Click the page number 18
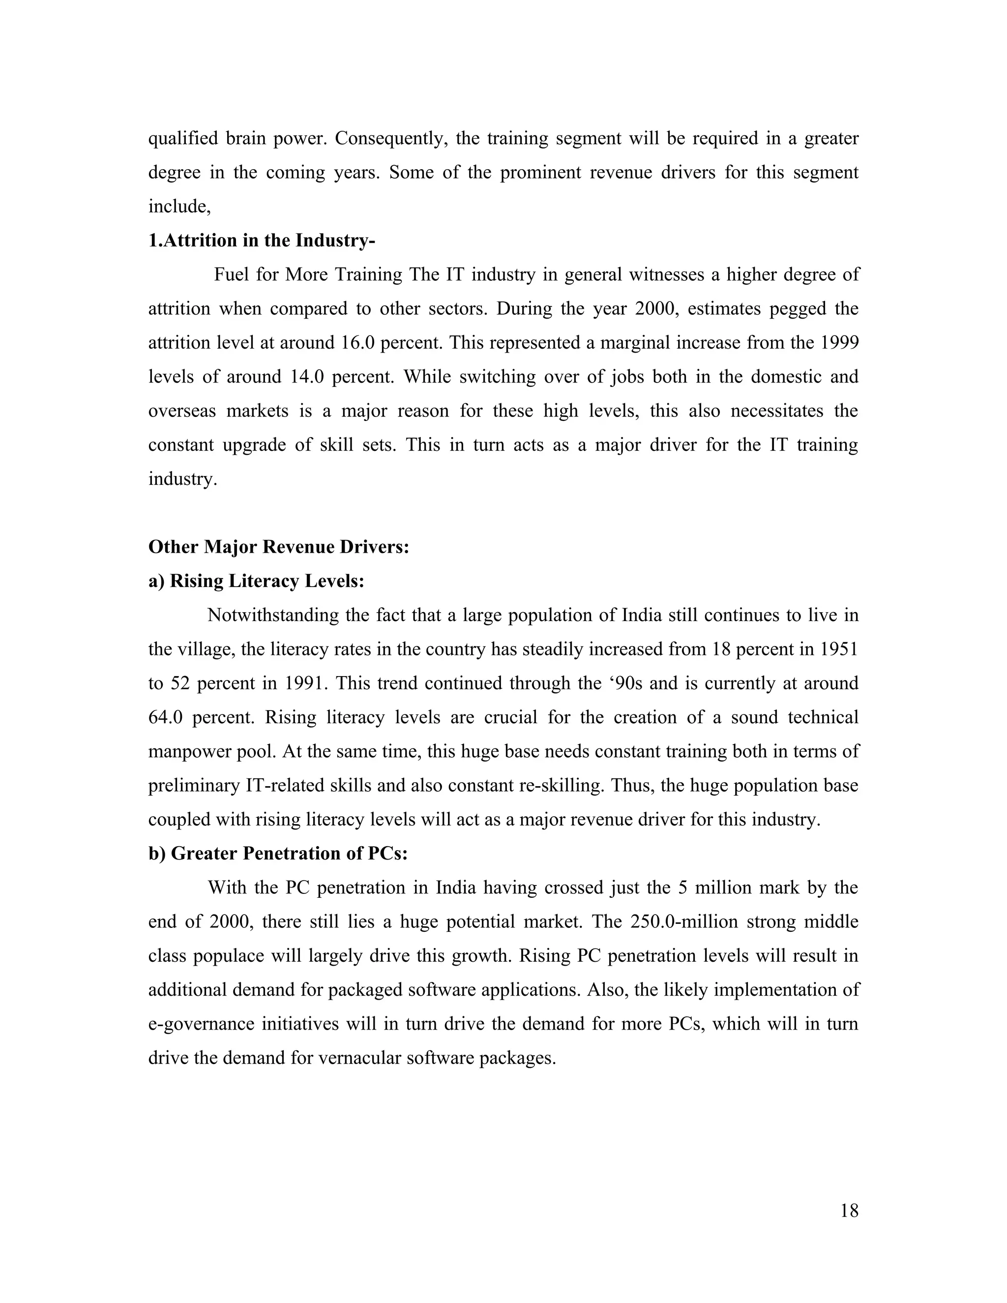tap(849, 1211)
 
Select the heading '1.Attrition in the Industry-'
tap(261, 240)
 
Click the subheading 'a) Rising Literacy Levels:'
tap(256, 581)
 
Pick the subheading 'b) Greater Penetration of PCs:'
tap(277, 853)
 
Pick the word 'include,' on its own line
tap(179, 207)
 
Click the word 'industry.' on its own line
tap(182, 479)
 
